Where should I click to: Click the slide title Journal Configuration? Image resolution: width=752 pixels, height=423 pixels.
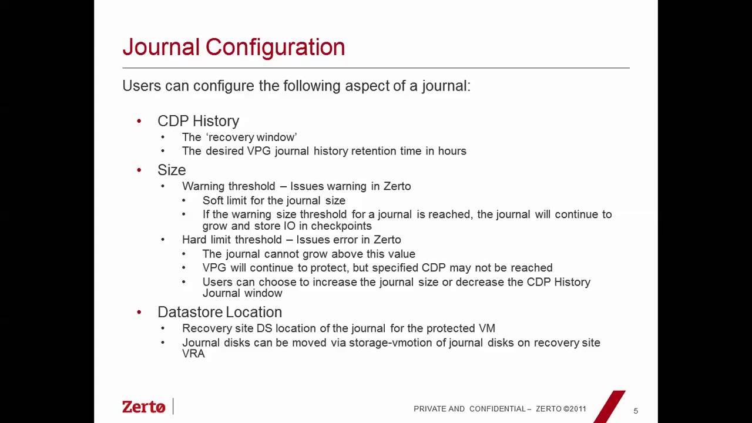coord(233,48)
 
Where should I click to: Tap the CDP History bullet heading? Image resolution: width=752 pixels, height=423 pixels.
coord(198,121)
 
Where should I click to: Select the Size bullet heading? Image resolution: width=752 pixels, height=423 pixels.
coord(172,170)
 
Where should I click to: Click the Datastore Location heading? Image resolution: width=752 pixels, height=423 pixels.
coord(220,312)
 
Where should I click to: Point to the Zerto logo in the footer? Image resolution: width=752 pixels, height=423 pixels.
coord(144,407)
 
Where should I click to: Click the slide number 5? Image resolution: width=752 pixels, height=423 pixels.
coord(636,411)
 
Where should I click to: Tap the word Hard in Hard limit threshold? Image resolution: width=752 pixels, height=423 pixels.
coord(194,240)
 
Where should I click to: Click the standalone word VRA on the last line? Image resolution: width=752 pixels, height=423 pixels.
coord(193,354)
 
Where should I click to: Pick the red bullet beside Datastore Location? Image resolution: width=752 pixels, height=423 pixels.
coord(139,312)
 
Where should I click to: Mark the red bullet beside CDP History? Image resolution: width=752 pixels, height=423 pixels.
coord(139,121)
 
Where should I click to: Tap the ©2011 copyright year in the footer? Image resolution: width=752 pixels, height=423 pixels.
coord(575,409)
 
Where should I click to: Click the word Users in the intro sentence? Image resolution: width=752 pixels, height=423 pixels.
coord(141,86)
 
